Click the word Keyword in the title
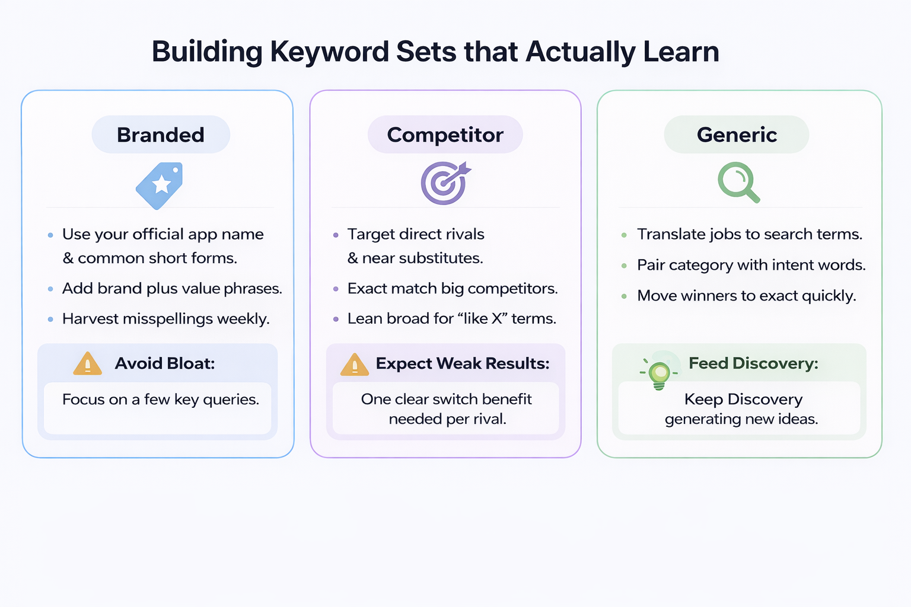(330, 52)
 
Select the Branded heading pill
(161, 135)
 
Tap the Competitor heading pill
(445, 135)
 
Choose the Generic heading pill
(737, 135)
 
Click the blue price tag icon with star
(160, 185)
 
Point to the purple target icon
(445, 183)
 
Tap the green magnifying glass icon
(738, 183)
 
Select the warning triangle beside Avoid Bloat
(88, 363)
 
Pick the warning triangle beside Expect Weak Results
(355, 365)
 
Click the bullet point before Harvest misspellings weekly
(50, 320)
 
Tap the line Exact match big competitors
(452, 289)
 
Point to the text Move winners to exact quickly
(746, 296)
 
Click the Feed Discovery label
(753, 363)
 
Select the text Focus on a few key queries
(161, 400)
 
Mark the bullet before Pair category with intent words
(624, 266)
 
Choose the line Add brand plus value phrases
(172, 289)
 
